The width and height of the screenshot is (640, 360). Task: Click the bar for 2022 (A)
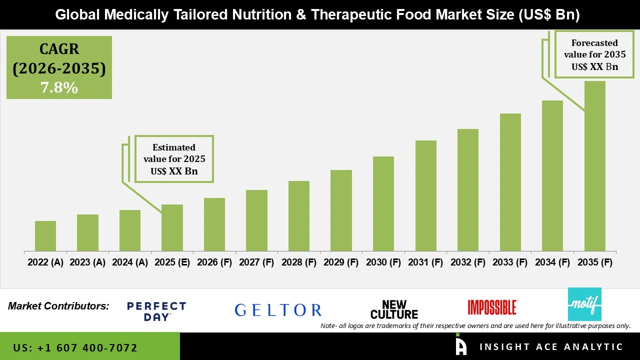pos(45,236)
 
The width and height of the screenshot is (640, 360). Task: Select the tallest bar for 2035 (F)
pos(594,166)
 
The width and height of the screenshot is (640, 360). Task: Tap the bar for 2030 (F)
pos(383,204)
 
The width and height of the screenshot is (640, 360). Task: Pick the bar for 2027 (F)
pos(256,220)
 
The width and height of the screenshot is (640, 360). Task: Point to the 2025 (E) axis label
pos(172,262)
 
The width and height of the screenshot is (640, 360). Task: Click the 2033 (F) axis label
pos(510,262)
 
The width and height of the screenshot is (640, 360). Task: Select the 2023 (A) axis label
pos(87,262)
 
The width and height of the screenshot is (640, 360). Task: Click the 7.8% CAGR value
pos(59,88)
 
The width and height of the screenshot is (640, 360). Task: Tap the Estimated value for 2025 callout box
pos(174,159)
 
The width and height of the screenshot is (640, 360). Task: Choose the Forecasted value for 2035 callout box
pos(594,54)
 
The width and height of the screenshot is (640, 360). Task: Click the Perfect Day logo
pos(156,311)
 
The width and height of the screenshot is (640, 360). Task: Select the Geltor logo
pos(278,310)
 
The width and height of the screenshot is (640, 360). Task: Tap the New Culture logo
pos(394,310)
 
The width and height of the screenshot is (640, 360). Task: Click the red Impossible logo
pos(492,307)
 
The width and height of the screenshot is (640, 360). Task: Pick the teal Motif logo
pos(584,304)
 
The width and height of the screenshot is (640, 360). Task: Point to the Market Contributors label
pos(58,306)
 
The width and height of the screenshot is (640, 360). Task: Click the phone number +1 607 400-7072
pos(75,347)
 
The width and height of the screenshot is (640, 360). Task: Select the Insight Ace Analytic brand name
pos(551,347)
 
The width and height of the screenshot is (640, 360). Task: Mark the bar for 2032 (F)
pos(467,190)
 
